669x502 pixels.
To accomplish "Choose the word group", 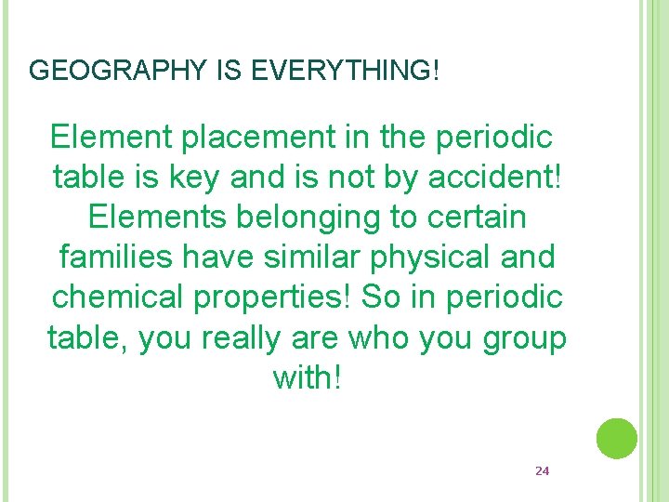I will (524, 337).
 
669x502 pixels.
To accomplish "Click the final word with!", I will (307, 376).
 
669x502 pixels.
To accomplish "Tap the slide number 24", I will (543, 471).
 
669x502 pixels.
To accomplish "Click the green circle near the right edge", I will (616, 439).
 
